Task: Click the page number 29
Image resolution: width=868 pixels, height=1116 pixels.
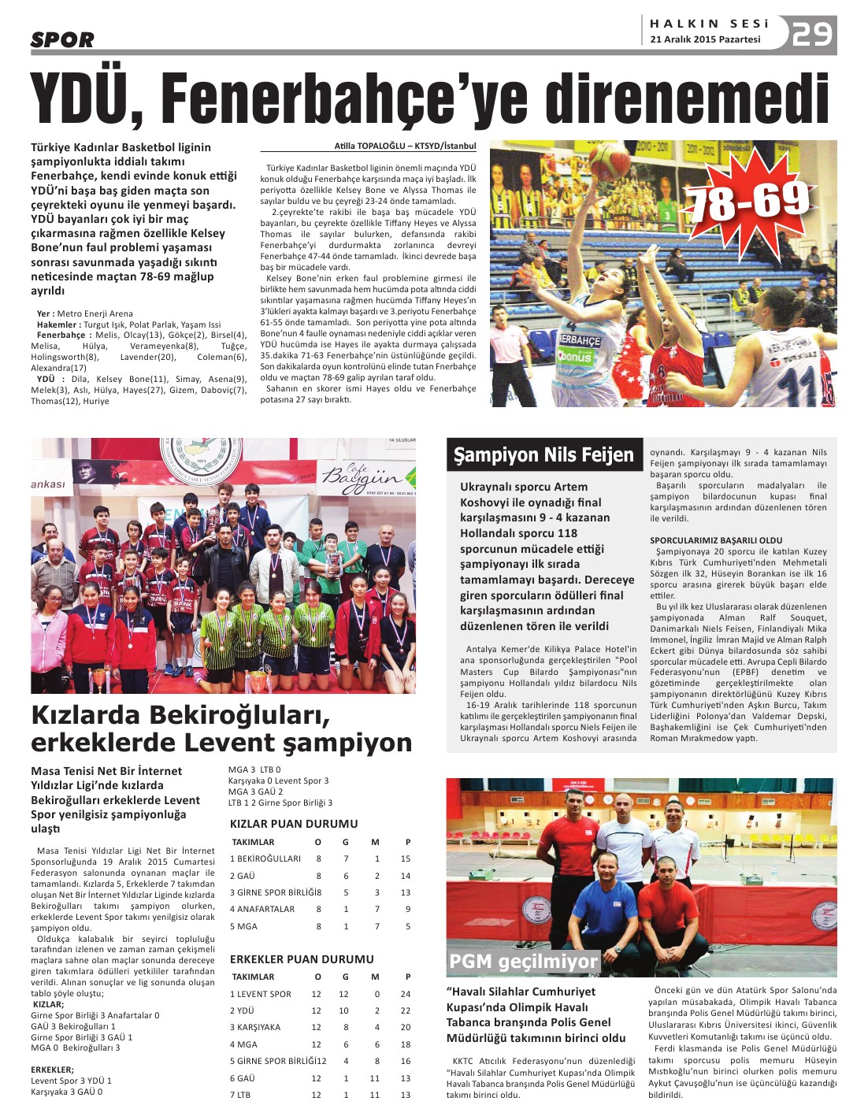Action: [812, 34]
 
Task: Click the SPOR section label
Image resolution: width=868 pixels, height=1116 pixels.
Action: [62, 39]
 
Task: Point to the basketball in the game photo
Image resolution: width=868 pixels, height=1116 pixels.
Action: [609, 162]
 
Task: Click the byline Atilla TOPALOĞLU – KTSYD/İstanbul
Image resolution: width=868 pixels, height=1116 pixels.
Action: [405, 146]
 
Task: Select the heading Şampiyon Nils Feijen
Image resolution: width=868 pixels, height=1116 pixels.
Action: [543, 455]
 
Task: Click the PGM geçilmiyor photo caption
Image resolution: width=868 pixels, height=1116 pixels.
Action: [523, 961]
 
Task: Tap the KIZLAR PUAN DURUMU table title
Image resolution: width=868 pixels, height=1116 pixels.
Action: [294, 824]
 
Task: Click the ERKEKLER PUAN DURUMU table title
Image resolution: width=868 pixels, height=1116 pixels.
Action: [302, 959]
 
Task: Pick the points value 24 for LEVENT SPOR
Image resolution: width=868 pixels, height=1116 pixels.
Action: [406, 994]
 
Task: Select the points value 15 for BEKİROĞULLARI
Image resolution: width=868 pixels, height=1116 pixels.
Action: [406, 858]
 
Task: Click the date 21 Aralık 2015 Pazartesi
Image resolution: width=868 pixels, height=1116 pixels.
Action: [705, 39]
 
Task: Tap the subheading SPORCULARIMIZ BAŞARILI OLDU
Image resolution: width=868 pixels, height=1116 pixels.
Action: [716, 540]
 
